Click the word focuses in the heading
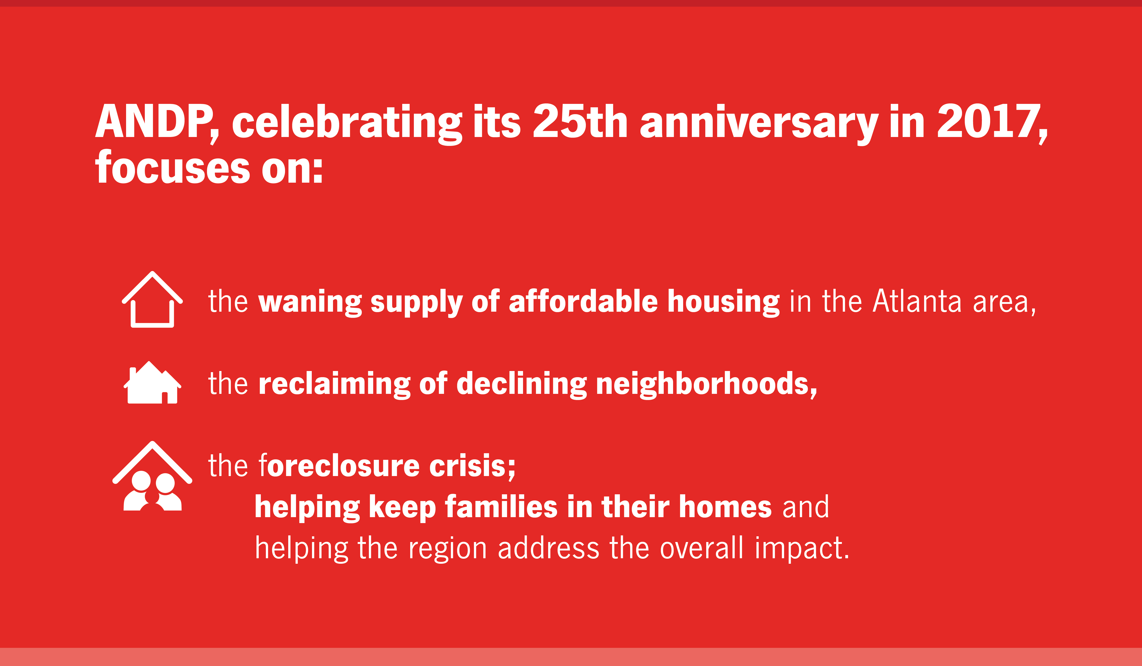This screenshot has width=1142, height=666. (x=172, y=168)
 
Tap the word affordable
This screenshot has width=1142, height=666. (x=583, y=301)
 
